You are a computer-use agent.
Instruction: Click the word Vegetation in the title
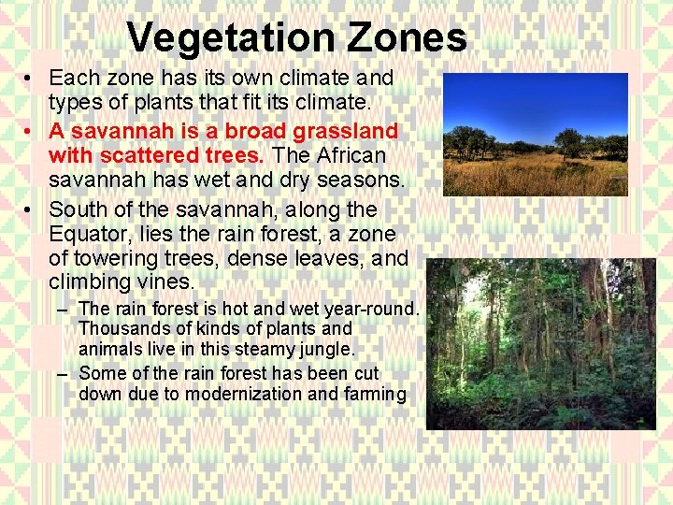[x=233, y=38]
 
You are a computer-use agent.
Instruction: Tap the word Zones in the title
[x=407, y=38]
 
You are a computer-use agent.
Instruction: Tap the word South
[x=78, y=209]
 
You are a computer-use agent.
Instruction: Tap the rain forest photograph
[x=540, y=344]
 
